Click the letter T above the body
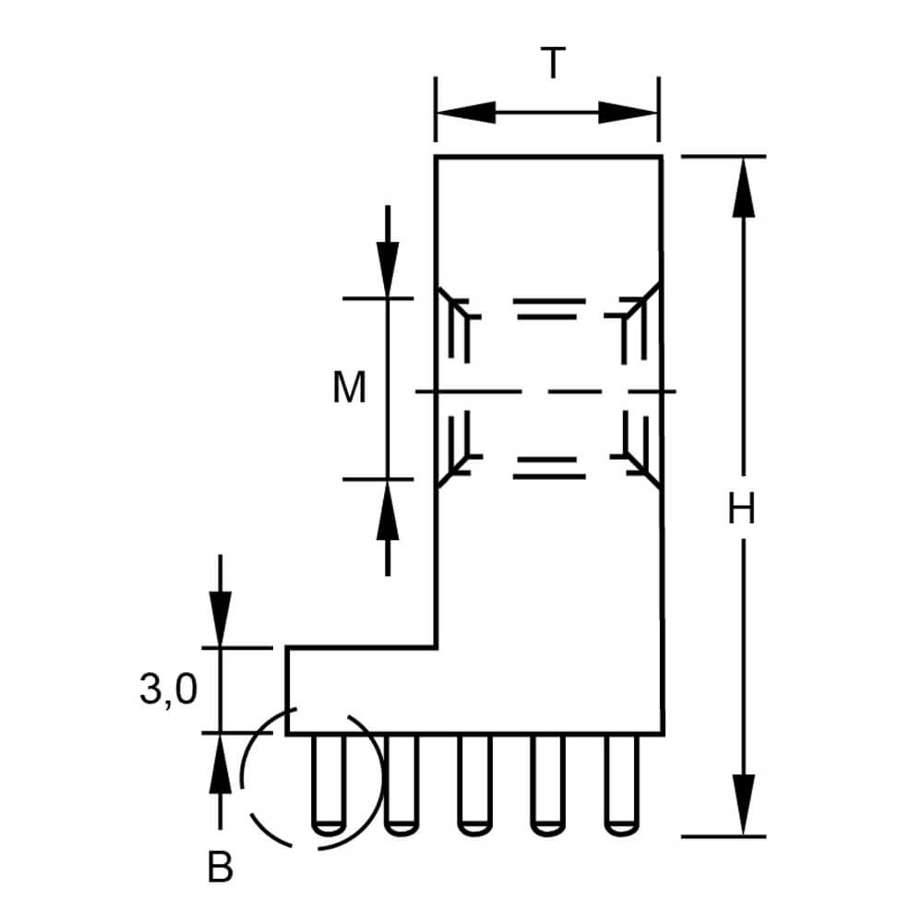tap(553, 63)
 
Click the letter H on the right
tap(741, 509)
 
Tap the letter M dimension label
tap(349, 388)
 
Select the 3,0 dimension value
tap(168, 689)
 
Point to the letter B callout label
tap(221, 867)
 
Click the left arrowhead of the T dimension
tap(465, 112)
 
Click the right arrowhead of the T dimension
tap(628, 112)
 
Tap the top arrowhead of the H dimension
tap(743, 187)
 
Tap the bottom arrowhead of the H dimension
tap(743, 805)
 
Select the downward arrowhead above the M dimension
tap(388, 270)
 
